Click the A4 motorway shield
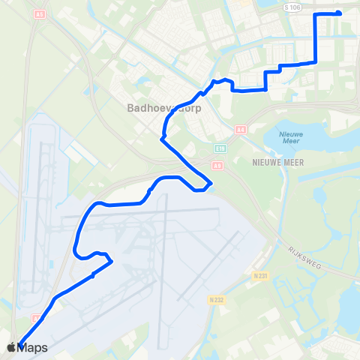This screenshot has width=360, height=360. (x=240, y=129)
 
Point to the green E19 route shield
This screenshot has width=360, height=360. (x=219, y=148)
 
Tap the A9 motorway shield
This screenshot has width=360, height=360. (x=216, y=164)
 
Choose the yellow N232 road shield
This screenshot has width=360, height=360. (x=216, y=300)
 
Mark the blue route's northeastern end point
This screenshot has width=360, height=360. (x=339, y=13)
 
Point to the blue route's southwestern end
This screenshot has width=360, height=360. (x=19, y=343)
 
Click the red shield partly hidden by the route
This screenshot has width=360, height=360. (x=36, y=318)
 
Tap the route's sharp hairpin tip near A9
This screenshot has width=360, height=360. (x=211, y=182)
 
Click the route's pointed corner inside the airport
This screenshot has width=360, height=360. (x=112, y=262)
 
